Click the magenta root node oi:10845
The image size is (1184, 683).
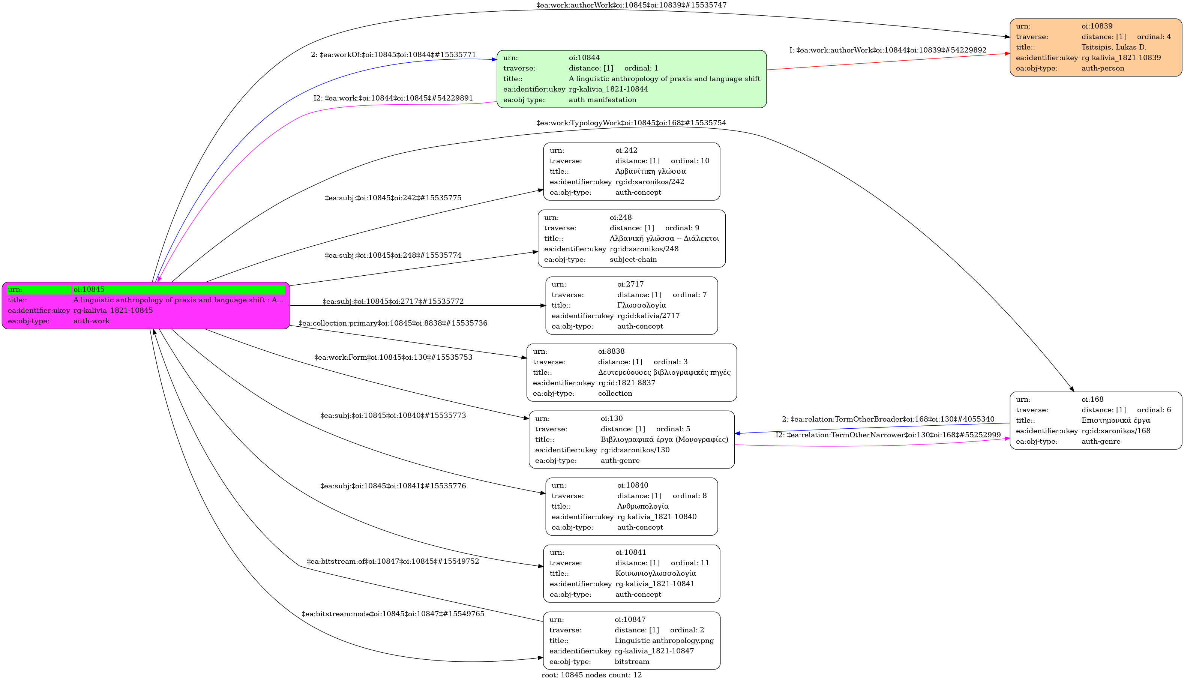(146, 305)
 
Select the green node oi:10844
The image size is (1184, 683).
(632, 79)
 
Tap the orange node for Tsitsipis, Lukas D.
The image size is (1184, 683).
(1096, 47)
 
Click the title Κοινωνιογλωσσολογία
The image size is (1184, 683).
(656, 573)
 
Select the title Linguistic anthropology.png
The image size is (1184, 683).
(664, 641)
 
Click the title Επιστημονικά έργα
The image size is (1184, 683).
(1115, 420)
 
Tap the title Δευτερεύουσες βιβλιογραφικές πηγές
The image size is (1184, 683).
(664, 372)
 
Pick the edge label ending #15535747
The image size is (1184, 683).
(631, 5)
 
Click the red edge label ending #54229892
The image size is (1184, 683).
(888, 50)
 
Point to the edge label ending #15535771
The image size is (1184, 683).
(393, 55)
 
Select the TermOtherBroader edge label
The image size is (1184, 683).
(888, 419)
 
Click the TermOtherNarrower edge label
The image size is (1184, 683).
(888, 435)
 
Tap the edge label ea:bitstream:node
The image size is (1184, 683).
(393, 614)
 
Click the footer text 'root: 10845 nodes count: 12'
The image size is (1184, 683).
(591, 675)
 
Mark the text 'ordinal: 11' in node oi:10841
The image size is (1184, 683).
(690, 563)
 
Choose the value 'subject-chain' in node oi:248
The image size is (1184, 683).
(633, 260)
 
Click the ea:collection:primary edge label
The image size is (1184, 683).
(393, 323)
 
